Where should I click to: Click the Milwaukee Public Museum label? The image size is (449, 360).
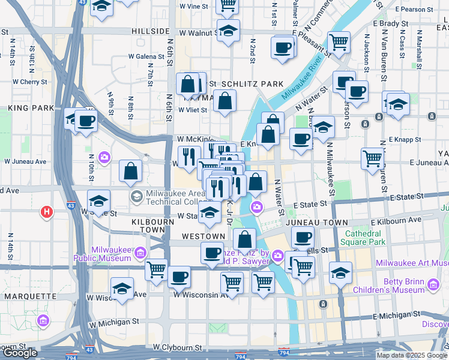point(102,254)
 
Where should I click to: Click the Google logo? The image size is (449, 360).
point(20,353)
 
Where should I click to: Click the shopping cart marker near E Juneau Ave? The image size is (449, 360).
point(373,158)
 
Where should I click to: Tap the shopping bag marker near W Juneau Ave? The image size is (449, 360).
point(130,171)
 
